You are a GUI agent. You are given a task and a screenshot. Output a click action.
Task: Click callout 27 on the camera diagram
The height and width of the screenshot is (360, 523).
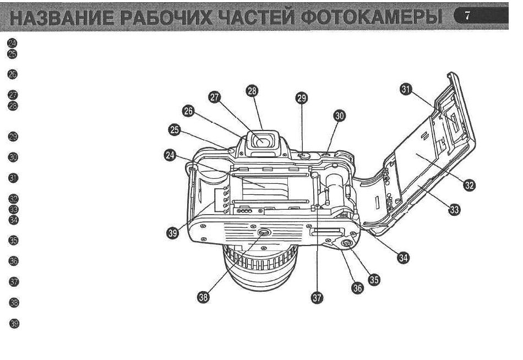215,97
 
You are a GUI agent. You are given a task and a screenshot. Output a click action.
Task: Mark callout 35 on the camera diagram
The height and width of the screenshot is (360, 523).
374,279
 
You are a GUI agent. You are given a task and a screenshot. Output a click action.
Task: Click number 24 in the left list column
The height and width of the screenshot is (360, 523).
13,43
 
